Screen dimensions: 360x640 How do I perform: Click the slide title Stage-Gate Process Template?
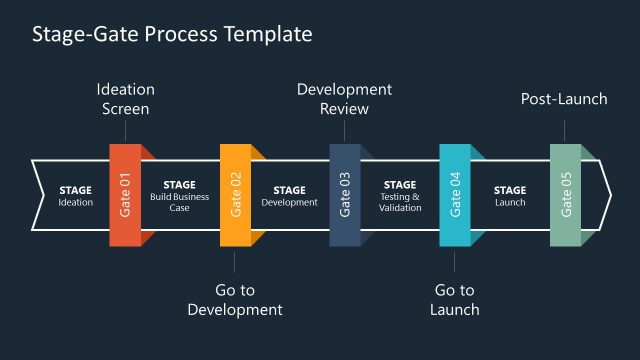pyautogui.click(x=172, y=34)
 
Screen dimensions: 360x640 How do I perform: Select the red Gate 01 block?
pyautogui.click(x=125, y=195)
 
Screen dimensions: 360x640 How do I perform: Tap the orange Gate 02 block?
pyautogui.click(x=235, y=195)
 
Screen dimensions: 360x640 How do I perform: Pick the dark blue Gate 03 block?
pyautogui.click(x=345, y=195)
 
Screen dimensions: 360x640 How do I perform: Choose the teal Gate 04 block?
pyautogui.click(x=455, y=195)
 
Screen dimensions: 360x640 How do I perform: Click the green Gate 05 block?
pyautogui.click(x=565, y=195)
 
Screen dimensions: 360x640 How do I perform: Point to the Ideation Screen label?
pyautogui.click(x=125, y=99)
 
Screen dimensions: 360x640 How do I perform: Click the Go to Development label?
pyautogui.click(x=235, y=300)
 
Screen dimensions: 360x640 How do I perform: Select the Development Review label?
pyautogui.click(x=345, y=99)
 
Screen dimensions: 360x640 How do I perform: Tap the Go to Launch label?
pyautogui.click(x=455, y=300)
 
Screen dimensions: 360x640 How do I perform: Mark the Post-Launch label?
pyautogui.click(x=565, y=99)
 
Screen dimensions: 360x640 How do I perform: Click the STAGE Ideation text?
pyautogui.click(x=75, y=195)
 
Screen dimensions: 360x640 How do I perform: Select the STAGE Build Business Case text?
pyautogui.click(x=180, y=195)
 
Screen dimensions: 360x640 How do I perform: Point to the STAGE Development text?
pyautogui.click(x=289, y=195)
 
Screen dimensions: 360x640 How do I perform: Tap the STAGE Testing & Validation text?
pyautogui.click(x=400, y=195)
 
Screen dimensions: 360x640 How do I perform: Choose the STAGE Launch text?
pyautogui.click(x=510, y=195)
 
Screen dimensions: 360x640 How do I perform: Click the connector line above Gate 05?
pyautogui.click(x=565, y=131)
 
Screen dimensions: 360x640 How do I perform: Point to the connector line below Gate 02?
pyautogui.click(x=235, y=261)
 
